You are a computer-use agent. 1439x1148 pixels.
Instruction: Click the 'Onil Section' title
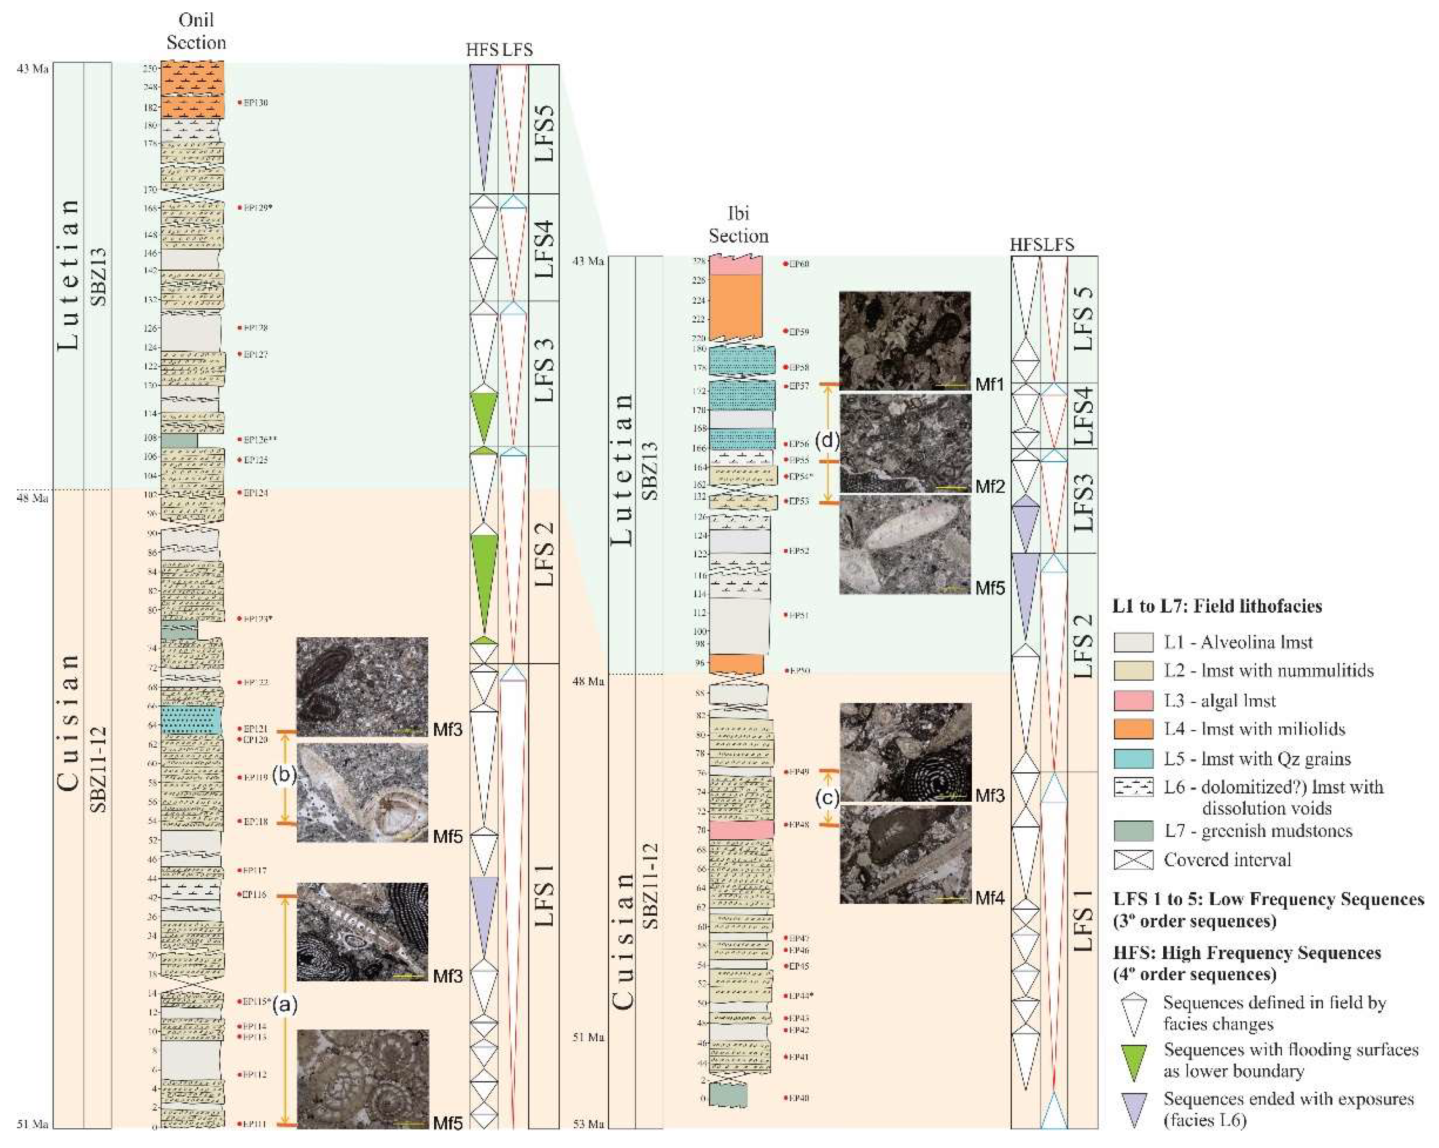click(196, 31)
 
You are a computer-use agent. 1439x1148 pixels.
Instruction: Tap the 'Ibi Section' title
click(738, 224)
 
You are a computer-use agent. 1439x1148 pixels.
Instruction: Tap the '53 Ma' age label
click(588, 1125)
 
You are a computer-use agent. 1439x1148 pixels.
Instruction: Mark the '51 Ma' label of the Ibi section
click(588, 1037)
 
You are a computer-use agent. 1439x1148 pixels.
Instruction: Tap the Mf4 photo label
click(989, 898)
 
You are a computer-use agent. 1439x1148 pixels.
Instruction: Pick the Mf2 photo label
click(989, 487)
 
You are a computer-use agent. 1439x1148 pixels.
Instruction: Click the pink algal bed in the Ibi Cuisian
click(741, 829)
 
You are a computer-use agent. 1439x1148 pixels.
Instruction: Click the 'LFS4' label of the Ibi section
click(1083, 416)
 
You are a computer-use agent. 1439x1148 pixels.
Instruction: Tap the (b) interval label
click(284, 776)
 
